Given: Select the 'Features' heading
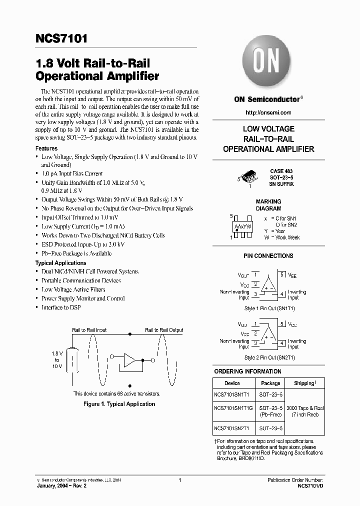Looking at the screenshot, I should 46,148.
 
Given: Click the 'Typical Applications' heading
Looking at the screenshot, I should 60,263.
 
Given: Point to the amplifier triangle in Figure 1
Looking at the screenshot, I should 129,360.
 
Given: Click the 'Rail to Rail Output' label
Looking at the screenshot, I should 164,330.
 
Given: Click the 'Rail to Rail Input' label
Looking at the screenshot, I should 89,330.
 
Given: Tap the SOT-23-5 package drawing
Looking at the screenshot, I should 249,176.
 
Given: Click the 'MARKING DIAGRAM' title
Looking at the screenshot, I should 268,205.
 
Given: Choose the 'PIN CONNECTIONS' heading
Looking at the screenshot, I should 268,256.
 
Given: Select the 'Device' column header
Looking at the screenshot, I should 232,383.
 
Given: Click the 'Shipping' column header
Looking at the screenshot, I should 304,383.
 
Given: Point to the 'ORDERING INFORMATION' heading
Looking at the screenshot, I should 247,371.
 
